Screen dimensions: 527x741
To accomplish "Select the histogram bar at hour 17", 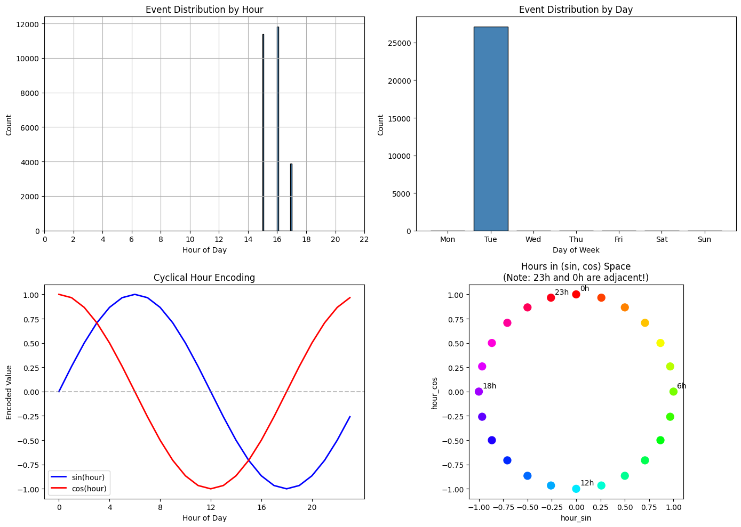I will [291, 197].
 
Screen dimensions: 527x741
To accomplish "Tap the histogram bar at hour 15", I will [263, 133].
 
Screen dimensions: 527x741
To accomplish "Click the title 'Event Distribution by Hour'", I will [204, 9].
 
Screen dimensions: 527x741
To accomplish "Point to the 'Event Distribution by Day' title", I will [576, 9].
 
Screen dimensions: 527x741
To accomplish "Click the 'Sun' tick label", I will [704, 239].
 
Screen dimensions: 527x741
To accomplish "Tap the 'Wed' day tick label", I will [533, 239].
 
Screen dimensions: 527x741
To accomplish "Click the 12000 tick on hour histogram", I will [27, 24].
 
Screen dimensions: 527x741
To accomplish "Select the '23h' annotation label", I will [561, 292].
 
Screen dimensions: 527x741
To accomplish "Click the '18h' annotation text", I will [489, 386].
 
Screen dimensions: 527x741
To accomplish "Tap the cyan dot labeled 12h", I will [576, 489].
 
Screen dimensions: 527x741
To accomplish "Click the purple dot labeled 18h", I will [479, 392].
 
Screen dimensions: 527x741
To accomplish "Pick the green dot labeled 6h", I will [673, 392].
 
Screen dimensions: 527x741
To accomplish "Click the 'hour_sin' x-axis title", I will [576, 518].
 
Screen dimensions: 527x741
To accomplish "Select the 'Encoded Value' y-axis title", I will [9, 392].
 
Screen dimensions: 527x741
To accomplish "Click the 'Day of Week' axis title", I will [576, 250].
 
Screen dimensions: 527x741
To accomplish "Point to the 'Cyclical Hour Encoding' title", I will [204, 278].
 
